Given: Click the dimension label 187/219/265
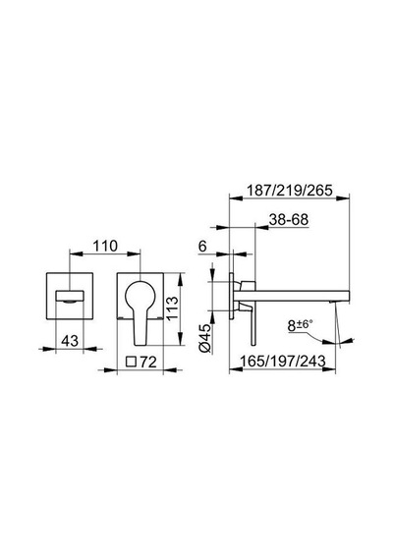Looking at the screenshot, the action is pos(290,190).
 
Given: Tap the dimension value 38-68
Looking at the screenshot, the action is pos(289,220).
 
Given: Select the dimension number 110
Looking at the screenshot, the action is pos(105,246).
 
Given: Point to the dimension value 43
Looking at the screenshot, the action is pos(70,341).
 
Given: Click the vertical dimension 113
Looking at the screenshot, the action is pos(172,309).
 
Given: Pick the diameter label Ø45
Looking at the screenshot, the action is pos(205,339).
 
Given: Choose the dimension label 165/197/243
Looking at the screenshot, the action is pos(283,361).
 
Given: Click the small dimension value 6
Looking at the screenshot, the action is pos(202,247).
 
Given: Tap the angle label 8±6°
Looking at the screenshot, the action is pos(300,325).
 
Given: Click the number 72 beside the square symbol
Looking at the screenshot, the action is pos(148,363).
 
